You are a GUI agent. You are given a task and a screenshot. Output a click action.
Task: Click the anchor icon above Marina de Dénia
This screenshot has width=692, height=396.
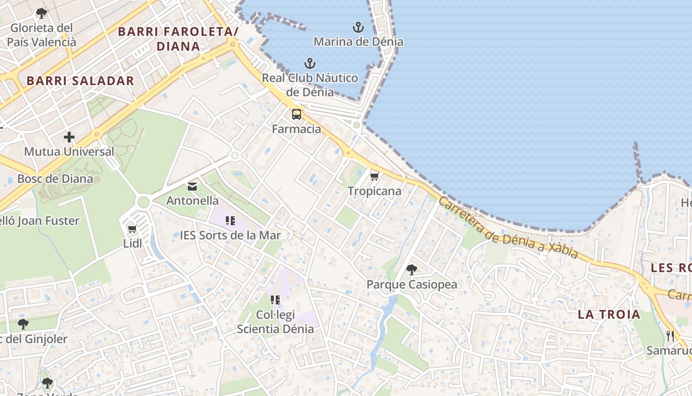[x=358, y=27]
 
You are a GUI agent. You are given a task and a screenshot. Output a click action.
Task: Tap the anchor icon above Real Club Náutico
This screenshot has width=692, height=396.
[x=309, y=63]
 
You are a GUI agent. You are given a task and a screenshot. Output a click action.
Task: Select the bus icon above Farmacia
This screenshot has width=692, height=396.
[x=297, y=114]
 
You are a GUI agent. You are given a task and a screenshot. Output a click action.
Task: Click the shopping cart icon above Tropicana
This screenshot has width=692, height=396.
[x=375, y=176]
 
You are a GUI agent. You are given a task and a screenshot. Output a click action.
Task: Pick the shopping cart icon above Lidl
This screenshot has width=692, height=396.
[x=132, y=229]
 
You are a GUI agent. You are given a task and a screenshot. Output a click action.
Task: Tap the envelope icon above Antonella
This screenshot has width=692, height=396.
[x=192, y=187]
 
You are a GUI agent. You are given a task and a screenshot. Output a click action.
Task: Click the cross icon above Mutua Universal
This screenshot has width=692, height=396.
[x=69, y=137]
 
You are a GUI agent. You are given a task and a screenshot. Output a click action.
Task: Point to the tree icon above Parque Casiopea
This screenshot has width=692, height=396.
[x=411, y=270]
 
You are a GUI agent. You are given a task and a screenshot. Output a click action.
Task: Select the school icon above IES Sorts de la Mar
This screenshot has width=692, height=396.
[x=230, y=221]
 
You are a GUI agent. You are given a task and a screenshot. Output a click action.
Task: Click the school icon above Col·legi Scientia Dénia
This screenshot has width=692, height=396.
[x=275, y=300]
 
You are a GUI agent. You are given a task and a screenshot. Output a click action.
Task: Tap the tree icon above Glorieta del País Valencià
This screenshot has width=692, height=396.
[x=42, y=13]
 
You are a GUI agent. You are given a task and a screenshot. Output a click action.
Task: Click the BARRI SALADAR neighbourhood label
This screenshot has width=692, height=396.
[x=80, y=81]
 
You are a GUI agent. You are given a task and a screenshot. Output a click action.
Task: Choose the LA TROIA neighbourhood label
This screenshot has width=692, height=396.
[x=609, y=314]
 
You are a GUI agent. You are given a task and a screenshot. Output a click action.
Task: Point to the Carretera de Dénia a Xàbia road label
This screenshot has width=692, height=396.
[x=508, y=228]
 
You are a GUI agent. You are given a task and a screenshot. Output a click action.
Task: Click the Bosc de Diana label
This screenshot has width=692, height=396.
[x=55, y=179]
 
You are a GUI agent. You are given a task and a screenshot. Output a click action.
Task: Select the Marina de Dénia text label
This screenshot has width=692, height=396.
[x=358, y=42]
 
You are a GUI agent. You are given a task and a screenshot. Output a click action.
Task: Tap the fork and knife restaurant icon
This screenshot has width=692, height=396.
[x=670, y=336]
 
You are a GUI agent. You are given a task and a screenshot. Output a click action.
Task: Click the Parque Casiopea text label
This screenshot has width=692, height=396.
[x=411, y=285]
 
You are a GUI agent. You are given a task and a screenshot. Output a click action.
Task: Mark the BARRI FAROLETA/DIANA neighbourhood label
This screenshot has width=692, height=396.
[x=178, y=39]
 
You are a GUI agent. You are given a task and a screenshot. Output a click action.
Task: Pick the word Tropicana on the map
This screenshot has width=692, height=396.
[x=374, y=191]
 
